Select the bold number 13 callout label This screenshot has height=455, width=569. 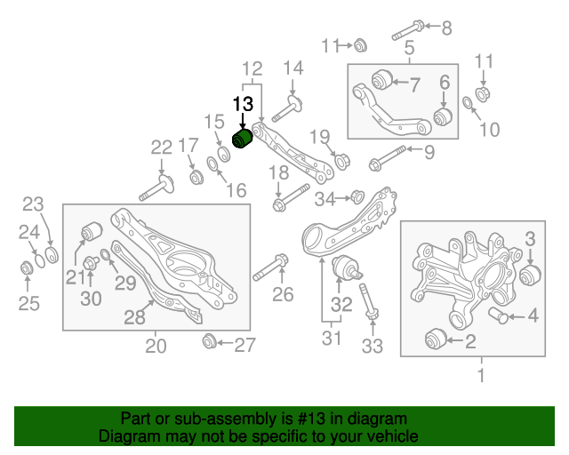point(243,104)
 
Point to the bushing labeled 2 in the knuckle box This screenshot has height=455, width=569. point(435,339)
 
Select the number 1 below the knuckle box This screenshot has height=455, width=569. point(481,376)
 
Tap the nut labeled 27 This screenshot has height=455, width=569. point(211,341)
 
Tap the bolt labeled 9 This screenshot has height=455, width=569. point(384,158)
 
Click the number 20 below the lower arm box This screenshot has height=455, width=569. point(156,347)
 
